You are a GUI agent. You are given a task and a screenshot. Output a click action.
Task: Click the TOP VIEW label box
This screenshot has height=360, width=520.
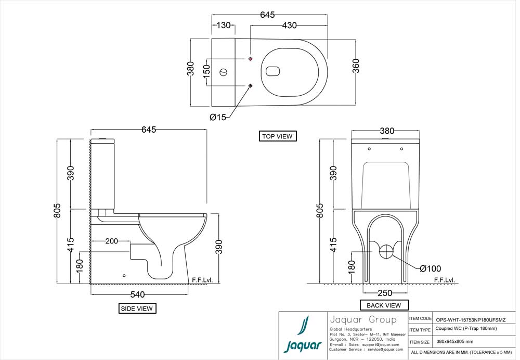pyautogui.click(x=277, y=136)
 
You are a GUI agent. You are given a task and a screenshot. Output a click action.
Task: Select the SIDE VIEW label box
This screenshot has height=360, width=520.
pyautogui.click(x=137, y=308)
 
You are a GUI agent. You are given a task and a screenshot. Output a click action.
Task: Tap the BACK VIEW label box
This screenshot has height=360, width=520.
pyautogui.click(x=384, y=305)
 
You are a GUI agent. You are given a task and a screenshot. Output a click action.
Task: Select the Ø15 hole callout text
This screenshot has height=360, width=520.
pyautogui.click(x=218, y=118)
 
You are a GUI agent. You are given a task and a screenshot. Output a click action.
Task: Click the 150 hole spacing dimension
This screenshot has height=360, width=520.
pyautogui.click(x=206, y=71)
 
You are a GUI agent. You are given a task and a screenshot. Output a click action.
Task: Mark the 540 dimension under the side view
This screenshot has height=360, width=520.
pyautogui.click(x=137, y=294)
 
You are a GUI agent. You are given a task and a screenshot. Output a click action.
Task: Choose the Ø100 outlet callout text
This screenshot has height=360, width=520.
pyautogui.click(x=430, y=268)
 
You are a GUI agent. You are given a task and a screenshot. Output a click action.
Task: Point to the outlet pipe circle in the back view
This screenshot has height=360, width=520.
pyautogui.click(x=386, y=251)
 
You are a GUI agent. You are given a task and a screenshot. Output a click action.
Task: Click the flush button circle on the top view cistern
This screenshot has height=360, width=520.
pyautogui.click(x=225, y=71)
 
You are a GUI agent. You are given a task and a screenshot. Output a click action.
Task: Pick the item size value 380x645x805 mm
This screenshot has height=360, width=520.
pyautogui.click(x=454, y=342)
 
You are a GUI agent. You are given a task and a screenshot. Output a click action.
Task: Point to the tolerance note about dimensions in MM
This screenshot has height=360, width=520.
pyautogui.click(x=461, y=353)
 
